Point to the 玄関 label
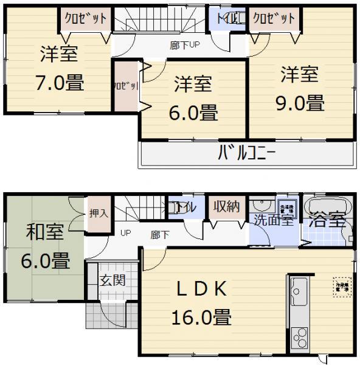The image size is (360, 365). point(112,280)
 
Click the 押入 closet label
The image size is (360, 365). point(99,213)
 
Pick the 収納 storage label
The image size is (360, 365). point(226,207)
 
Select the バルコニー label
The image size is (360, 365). point(246,152)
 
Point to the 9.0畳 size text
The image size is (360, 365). point(298,103)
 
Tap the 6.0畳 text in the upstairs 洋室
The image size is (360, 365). point(193,113)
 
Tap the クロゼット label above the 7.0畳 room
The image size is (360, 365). point(86,19)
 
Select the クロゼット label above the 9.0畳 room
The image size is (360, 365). point(273,19)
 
